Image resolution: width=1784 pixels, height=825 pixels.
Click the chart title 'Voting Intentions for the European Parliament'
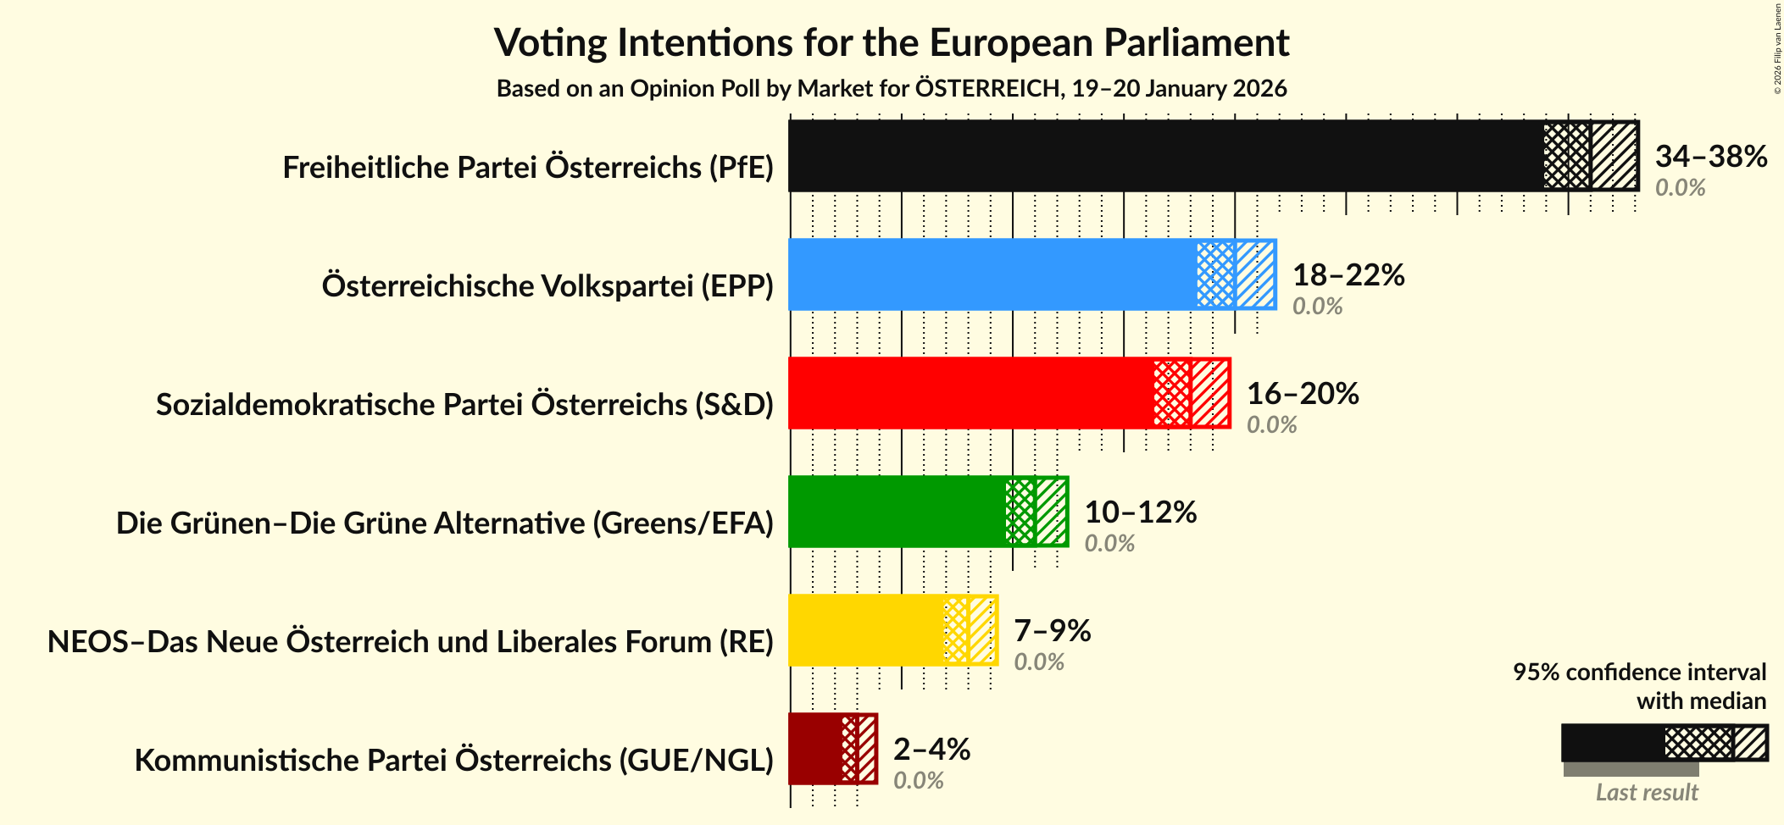pyautogui.click(x=892, y=42)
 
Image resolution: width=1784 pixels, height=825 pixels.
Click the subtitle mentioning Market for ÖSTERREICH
pyautogui.click(x=892, y=88)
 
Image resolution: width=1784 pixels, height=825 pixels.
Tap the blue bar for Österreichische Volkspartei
pyautogui.click(x=992, y=274)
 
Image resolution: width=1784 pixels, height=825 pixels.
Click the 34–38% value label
pyautogui.click(x=1710, y=156)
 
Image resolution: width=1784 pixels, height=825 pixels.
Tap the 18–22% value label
pyautogui.click(x=1348, y=274)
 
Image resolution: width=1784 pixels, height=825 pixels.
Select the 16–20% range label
pyautogui.click(x=1302, y=393)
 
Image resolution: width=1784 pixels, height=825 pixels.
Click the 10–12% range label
pyautogui.click(x=1140, y=512)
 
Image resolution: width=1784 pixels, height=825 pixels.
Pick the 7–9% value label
pyautogui.click(x=1052, y=630)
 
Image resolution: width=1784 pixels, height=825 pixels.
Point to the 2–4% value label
pyautogui.click(x=931, y=749)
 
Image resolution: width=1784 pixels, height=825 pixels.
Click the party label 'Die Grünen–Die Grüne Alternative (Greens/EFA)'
pyautogui.click(x=445, y=523)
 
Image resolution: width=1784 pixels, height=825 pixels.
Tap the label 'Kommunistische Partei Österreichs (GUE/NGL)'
pyautogui.click(x=454, y=761)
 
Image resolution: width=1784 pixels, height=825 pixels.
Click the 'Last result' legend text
pyautogui.click(x=1647, y=793)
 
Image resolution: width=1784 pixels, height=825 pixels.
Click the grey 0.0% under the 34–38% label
pyautogui.click(x=1680, y=187)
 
